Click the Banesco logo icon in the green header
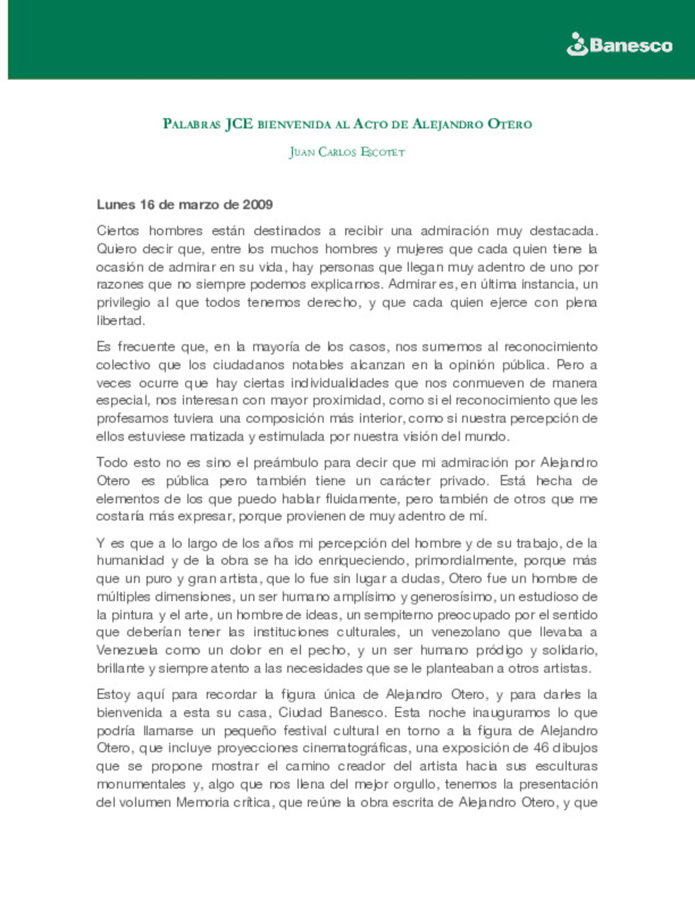(x=577, y=44)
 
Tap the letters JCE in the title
(x=239, y=124)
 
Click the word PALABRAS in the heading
(x=192, y=124)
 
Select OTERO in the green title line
(x=510, y=124)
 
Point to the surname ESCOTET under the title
(x=382, y=153)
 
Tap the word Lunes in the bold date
(x=116, y=205)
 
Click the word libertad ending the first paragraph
(x=120, y=321)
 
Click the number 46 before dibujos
(x=541, y=748)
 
